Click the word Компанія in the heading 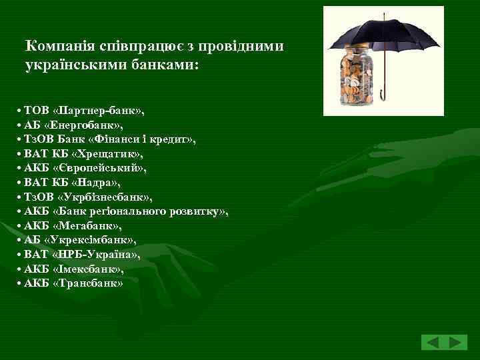pyautogui.click(x=55, y=46)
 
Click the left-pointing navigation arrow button pyautogui.click(x=433, y=343)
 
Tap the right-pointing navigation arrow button pyautogui.click(x=457, y=343)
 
